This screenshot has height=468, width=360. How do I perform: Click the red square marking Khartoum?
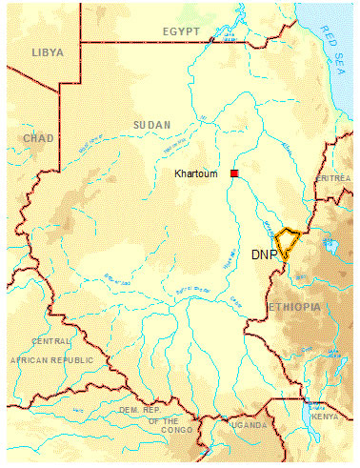coord(233,173)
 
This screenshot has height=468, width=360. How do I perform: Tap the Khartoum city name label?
coord(197,174)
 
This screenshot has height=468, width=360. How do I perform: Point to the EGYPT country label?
coord(180,31)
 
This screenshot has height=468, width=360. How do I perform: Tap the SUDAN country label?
coord(152,125)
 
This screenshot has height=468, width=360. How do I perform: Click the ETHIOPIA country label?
coord(296,307)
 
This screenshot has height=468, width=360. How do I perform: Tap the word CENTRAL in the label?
coord(51,341)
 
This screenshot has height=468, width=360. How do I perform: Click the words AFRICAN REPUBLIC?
coord(51,359)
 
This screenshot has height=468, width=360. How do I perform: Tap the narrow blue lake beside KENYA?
coord(306,412)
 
